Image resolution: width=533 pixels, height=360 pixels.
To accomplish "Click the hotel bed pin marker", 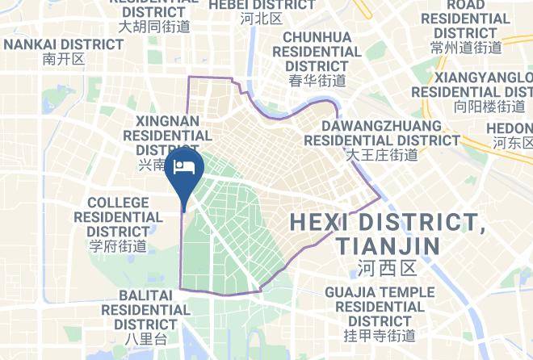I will pos(185,167).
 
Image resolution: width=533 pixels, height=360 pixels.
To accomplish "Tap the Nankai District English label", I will pos(63,44).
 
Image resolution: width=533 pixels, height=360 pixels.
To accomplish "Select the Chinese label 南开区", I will pos(63,60).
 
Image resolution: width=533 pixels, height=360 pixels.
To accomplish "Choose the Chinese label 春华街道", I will pos(317,81).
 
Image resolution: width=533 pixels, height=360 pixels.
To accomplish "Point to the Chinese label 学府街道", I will pos(118,246).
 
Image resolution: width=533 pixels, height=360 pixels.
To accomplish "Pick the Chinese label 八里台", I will pos(145,339).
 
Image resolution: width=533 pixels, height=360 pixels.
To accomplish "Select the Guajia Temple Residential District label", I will pos(379,307).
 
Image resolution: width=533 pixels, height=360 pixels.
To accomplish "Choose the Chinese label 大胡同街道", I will pos(154,26).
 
